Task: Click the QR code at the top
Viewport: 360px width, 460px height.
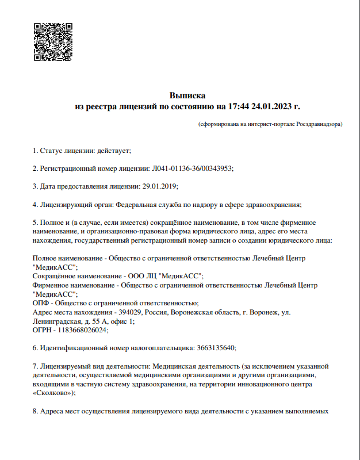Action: [53, 42]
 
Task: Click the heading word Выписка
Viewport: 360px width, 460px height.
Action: [187, 95]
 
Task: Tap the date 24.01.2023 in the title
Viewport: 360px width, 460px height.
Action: [272, 106]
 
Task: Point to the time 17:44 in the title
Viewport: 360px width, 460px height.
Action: [239, 106]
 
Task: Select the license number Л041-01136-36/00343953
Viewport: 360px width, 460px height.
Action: [192, 168]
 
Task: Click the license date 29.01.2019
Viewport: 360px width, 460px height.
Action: [160, 186]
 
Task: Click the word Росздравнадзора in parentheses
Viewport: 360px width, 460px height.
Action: [319, 124]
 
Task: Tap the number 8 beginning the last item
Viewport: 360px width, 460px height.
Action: [35, 411]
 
